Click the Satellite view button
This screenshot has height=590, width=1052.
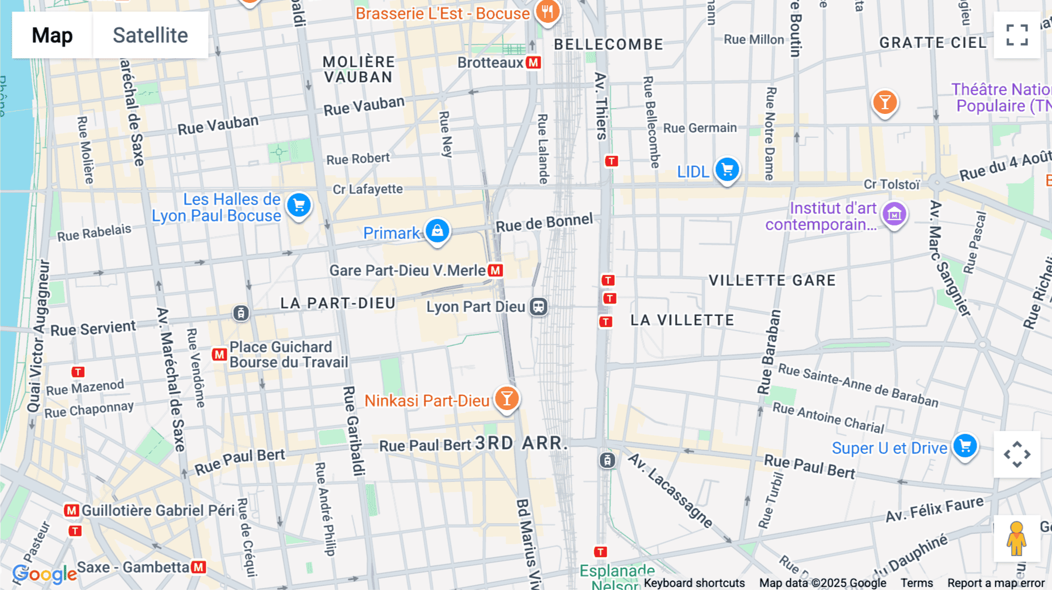pos(150,35)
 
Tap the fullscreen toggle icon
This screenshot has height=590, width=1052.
pos(1017,35)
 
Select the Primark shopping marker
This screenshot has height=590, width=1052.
pos(437,231)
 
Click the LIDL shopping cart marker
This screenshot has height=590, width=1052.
pos(727,170)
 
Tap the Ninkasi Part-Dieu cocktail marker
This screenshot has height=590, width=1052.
pos(507,399)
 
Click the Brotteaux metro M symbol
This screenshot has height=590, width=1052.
pos(533,63)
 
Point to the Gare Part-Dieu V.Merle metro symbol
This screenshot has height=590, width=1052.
pos(496,270)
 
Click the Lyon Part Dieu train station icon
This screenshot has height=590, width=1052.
pos(538,307)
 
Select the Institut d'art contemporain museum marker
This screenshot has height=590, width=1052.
pos(894,214)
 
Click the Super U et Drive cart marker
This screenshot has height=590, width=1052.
pos(965,446)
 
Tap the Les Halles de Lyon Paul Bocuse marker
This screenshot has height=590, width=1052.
pos(299,205)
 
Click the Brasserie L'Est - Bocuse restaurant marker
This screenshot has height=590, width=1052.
pos(547,11)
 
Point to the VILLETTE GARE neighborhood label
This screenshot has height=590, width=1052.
pos(772,280)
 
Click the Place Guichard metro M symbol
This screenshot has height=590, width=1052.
pos(219,354)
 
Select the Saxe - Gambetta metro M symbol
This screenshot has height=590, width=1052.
pos(199,567)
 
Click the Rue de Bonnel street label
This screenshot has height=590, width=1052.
pos(544,223)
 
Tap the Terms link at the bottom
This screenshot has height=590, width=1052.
pos(916,583)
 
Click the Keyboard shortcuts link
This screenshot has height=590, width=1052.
pos(694,583)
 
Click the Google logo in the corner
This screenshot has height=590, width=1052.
pos(44,574)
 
